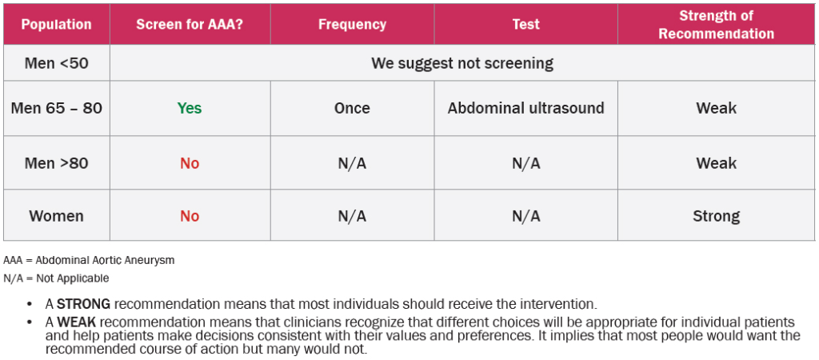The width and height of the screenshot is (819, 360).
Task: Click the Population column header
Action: point(57,24)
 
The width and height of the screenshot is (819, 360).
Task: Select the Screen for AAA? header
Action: point(190,24)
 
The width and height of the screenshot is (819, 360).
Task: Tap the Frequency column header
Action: point(352,24)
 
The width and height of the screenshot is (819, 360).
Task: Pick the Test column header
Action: point(526,24)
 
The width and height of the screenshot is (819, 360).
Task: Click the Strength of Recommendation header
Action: point(716,25)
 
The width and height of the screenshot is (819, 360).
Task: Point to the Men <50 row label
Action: point(57,63)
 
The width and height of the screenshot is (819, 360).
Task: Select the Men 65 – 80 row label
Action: point(57,108)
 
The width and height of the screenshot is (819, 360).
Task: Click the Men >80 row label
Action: point(57,163)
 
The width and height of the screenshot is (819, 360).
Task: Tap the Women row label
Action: point(57,216)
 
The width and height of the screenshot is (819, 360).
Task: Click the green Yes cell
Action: point(190,108)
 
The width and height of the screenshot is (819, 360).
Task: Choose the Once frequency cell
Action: point(352,108)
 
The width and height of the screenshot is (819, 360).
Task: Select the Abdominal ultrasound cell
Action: point(526,108)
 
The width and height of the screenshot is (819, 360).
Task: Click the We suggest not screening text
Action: point(462,63)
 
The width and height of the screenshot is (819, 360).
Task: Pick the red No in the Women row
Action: point(190,216)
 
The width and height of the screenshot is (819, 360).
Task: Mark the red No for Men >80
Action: point(190,163)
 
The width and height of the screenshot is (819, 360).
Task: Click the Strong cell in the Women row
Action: point(716,216)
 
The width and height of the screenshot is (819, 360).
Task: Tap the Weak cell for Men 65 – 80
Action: point(716,108)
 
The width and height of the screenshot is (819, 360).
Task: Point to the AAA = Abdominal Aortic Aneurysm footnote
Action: point(89,260)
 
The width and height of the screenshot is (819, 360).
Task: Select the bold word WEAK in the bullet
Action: point(74,322)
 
